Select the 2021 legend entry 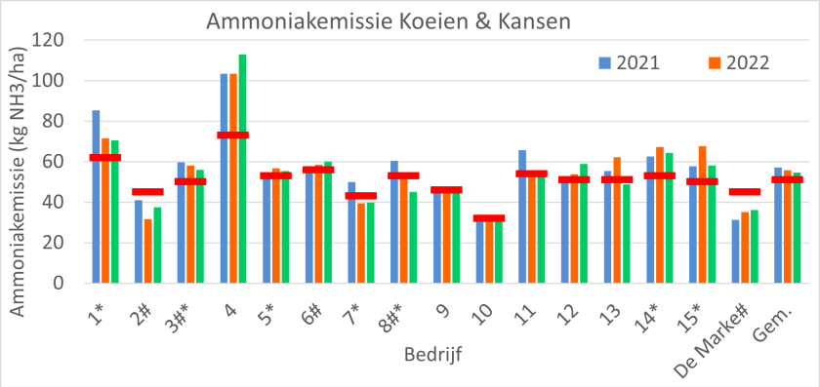(629, 63)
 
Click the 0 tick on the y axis (61, 284)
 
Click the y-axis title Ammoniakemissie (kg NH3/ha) (18, 161)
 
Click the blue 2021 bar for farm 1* (96, 195)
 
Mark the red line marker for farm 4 (233, 135)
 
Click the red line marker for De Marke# (744, 192)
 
